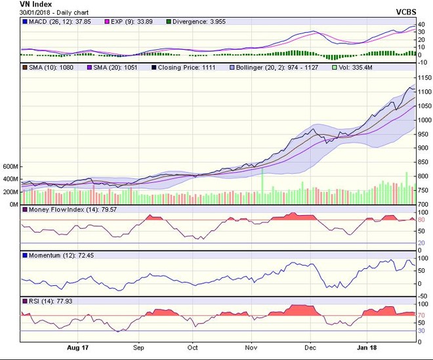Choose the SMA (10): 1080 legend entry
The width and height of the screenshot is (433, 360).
(x=50, y=68)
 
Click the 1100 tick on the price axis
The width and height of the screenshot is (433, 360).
(x=423, y=92)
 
